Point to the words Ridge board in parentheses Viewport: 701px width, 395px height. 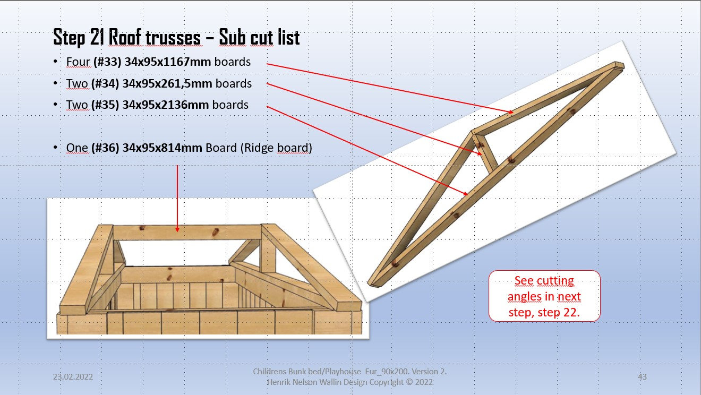point(276,148)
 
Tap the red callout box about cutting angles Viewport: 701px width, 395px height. point(544,296)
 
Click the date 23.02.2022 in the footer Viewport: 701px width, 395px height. point(73,377)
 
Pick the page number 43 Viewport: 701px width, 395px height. point(642,377)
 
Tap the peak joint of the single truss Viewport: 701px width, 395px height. point(473,132)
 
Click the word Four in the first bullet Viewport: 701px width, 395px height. point(78,62)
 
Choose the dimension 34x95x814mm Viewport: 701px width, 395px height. point(163,148)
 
